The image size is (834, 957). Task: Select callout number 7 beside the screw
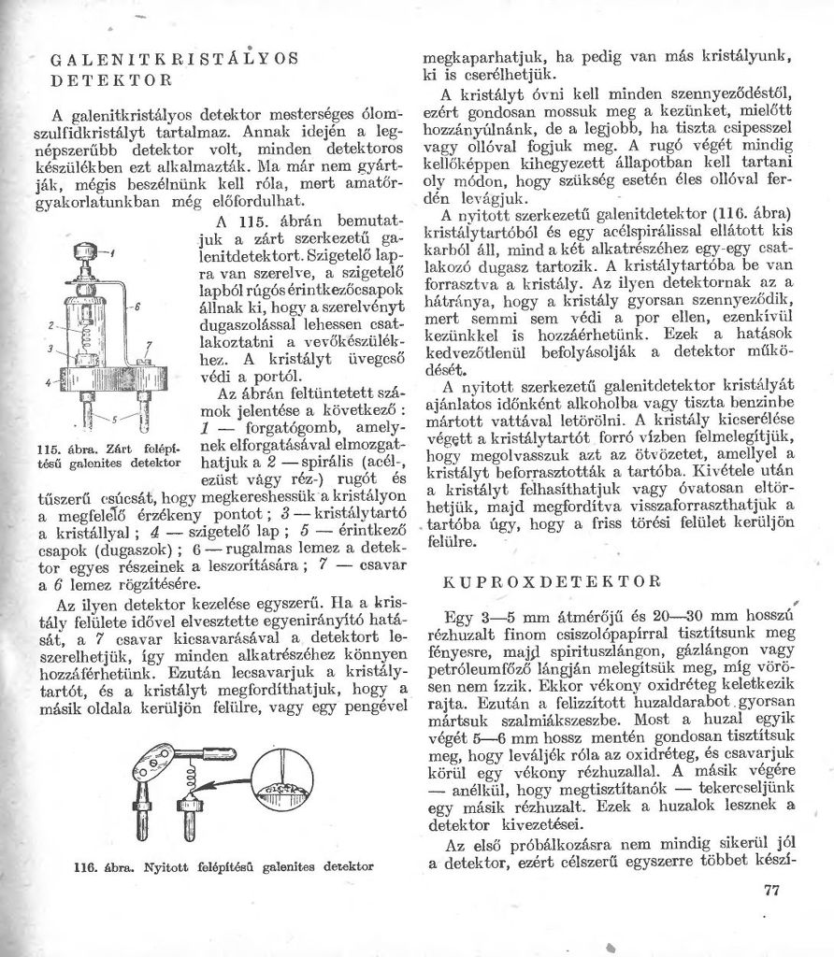[x=148, y=347]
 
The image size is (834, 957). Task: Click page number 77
[x=770, y=890]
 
